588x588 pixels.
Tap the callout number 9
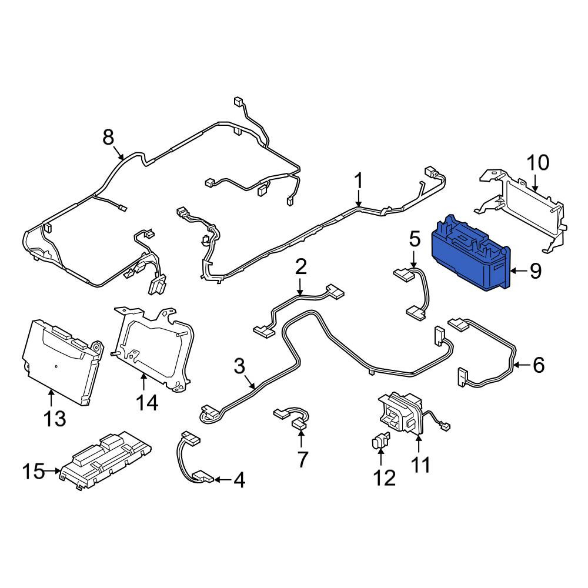[536, 270]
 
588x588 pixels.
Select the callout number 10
[538, 163]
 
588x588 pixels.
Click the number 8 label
[108, 137]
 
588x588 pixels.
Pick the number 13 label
[55, 418]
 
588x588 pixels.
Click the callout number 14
[146, 403]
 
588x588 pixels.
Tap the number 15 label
[34, 472]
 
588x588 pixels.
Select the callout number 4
[239, 480]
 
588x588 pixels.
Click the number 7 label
[302, 459]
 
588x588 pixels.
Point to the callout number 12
[385, 478]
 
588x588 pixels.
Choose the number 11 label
[420, 465]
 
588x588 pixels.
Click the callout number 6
[539, 365]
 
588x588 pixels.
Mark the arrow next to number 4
[222, 480]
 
